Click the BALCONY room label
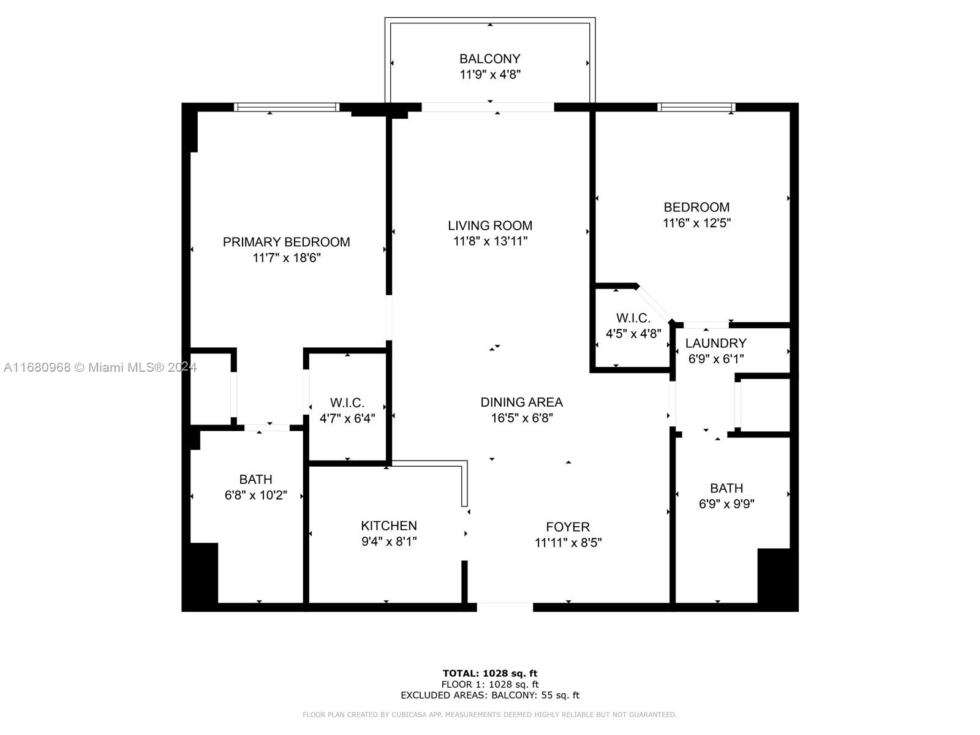490,59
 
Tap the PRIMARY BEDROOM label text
286,242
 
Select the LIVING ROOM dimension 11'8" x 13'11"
490,241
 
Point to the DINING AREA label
521,402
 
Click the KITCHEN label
389,526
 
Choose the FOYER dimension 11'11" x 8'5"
568,543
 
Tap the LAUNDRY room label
715,343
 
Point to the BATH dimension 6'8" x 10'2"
256,496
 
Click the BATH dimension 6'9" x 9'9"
726,504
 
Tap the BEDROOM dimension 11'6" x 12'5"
696,223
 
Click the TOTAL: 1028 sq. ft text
490,673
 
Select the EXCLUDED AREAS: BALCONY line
490,695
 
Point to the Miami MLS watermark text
100,367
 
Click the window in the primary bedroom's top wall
287,107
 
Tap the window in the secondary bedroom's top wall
696,107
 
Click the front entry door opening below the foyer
505,607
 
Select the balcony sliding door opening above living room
488,107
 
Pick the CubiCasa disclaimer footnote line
490,714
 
